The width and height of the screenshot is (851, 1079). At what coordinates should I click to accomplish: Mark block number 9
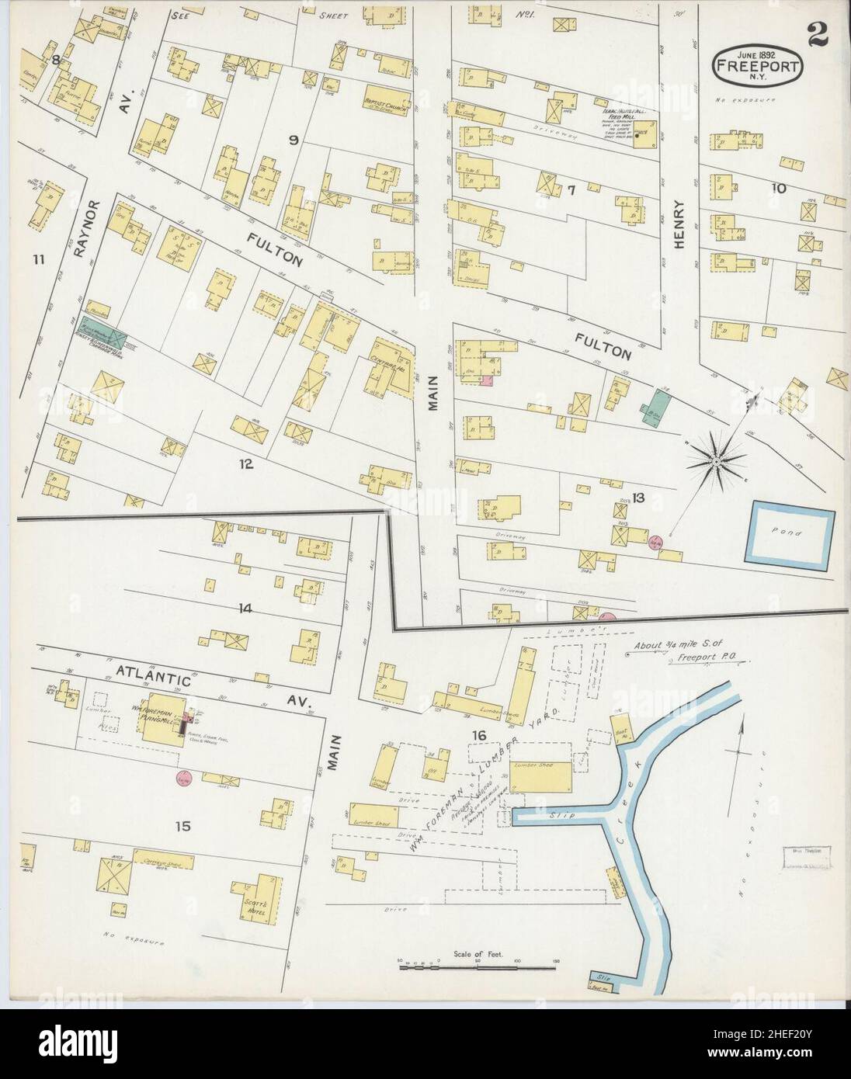(294, 141)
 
